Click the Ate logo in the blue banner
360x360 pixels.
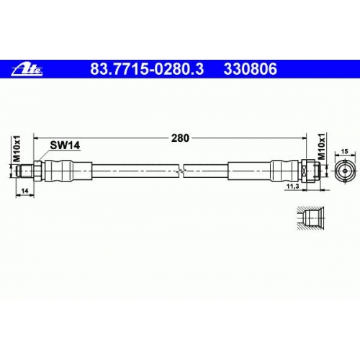click(27, 69)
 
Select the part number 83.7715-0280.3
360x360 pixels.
click(147, 69)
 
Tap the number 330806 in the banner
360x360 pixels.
click(250, 69)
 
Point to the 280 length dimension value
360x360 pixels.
click(180, 138)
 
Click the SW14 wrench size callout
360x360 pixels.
click(65, 145)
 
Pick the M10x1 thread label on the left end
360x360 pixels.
click(17, 148)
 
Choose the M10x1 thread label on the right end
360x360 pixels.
click(322, 146)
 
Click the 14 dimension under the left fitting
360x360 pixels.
click(24, 191)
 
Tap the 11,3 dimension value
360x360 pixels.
click(293, 186)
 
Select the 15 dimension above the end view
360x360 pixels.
click(344, 151)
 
